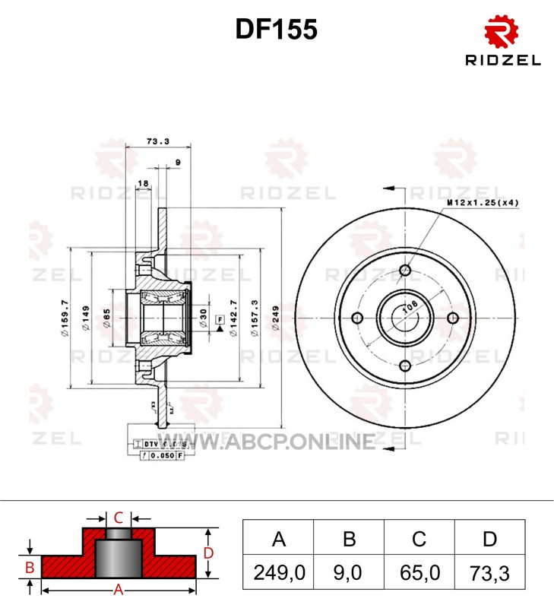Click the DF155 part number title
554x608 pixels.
[276, 29]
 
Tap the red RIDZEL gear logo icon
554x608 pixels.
[502, 33]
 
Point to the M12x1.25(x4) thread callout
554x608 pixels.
[483, 203]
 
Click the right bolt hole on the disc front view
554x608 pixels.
[454, 318]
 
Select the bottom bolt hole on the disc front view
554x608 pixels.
[404, 366]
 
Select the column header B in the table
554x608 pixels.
[349, 540]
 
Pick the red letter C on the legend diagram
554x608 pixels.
[119, 518]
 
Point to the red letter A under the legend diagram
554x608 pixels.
[119, 589]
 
